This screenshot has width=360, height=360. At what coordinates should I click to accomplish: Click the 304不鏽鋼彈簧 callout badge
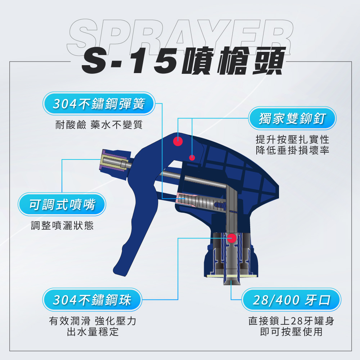coord(99,104)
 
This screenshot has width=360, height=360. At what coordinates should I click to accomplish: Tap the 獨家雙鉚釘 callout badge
coord(292,118)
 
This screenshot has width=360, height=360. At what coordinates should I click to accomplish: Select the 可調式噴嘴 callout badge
coord(62,204)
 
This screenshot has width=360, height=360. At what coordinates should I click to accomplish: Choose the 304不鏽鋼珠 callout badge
coord(92,300)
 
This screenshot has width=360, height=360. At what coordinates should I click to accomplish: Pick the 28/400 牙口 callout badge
coord(291,300)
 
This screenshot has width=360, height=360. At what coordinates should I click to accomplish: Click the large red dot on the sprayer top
coord(178,141)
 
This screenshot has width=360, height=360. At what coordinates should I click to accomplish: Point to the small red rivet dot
coord(192,158)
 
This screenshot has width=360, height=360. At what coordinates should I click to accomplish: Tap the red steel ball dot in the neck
coord(231,238)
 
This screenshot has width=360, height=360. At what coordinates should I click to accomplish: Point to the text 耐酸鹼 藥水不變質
coord(99,125)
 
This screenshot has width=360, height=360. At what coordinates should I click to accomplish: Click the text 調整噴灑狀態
coord(62,225)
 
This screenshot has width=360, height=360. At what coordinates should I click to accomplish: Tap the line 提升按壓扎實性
coord(292,139)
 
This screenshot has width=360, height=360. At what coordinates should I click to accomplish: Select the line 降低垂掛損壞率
coord(292,150)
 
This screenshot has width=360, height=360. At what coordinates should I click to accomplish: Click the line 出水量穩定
coord(93,332)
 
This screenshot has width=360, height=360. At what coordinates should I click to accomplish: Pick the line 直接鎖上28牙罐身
coord(291,321)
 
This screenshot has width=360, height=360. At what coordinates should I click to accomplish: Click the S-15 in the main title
coord(129,62)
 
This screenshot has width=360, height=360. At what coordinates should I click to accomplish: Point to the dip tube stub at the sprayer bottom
coord(231,280)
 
